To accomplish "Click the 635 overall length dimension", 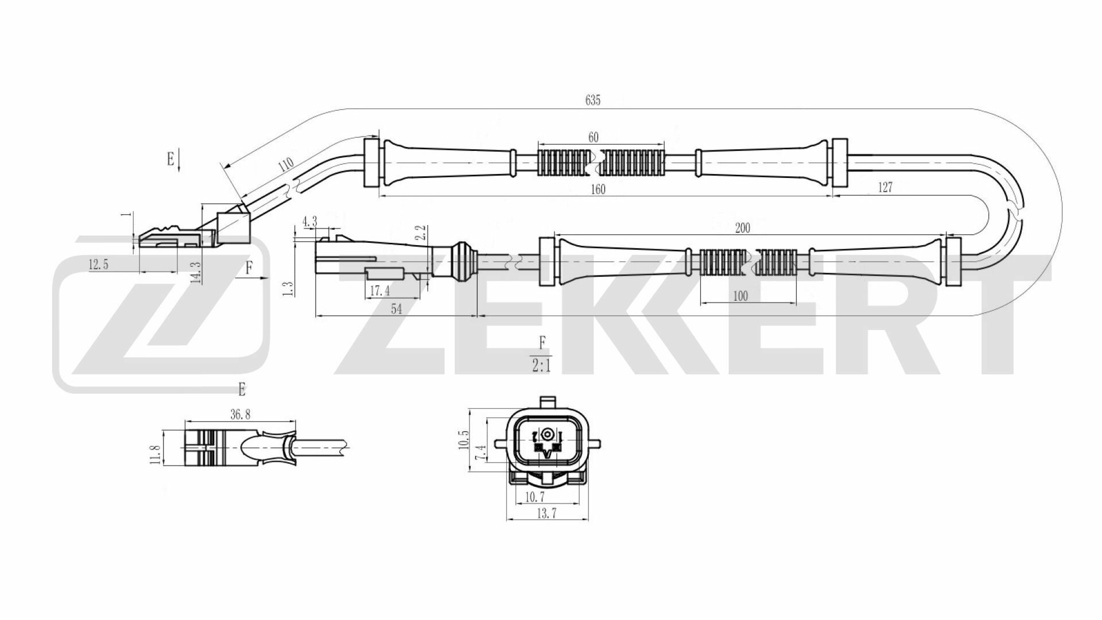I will point(593,100).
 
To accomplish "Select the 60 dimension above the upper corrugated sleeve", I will point(593,137).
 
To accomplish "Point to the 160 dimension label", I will point(597,189).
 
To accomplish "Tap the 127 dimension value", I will point(885,188).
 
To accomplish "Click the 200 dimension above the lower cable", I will point(742,228).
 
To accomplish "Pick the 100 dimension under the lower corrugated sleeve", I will point(740,296).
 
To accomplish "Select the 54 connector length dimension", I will point(396,309).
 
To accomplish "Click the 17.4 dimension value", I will point(380,292).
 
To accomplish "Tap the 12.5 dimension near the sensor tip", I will point(98,265).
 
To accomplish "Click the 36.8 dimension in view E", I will point(239,414).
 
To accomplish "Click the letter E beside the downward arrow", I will point(170,159).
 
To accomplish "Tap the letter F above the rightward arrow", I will point(249,267).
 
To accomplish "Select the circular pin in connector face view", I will point(549,434).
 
